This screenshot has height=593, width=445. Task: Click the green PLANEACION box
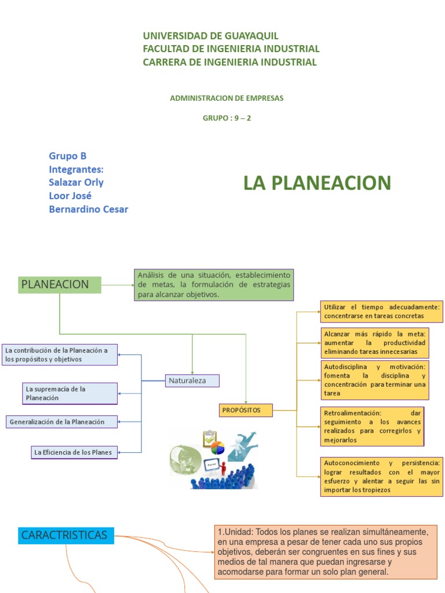pyautogui.click(x=60, y=284)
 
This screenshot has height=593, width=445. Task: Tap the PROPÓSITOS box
pyautogui.click(x=246, y=410)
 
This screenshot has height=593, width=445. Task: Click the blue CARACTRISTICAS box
pyautogui.click(x=66, y=535)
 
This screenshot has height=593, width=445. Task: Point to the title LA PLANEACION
pyautogui.click(x=317, y=183)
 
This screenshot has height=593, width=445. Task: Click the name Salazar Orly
pyautogui.click(x=76, y=182)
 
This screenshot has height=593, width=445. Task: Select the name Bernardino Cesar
pyautogui.click(x=89, y=209)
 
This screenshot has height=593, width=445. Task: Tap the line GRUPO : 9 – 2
pyautogui.click(x=227, y=118)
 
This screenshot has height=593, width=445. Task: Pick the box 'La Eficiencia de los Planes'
pyautogui.click(x=74, y=452)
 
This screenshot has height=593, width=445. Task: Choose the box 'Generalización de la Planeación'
pyautogui.click(x=61, y=422)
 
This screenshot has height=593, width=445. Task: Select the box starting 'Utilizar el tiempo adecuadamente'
pyautogui.click(x=381, y=311)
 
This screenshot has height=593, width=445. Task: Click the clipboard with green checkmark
pyautogui.click(x=209, y=438)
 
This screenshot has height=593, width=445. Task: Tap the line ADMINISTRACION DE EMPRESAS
pyautogui.click(x=227, y=98)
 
